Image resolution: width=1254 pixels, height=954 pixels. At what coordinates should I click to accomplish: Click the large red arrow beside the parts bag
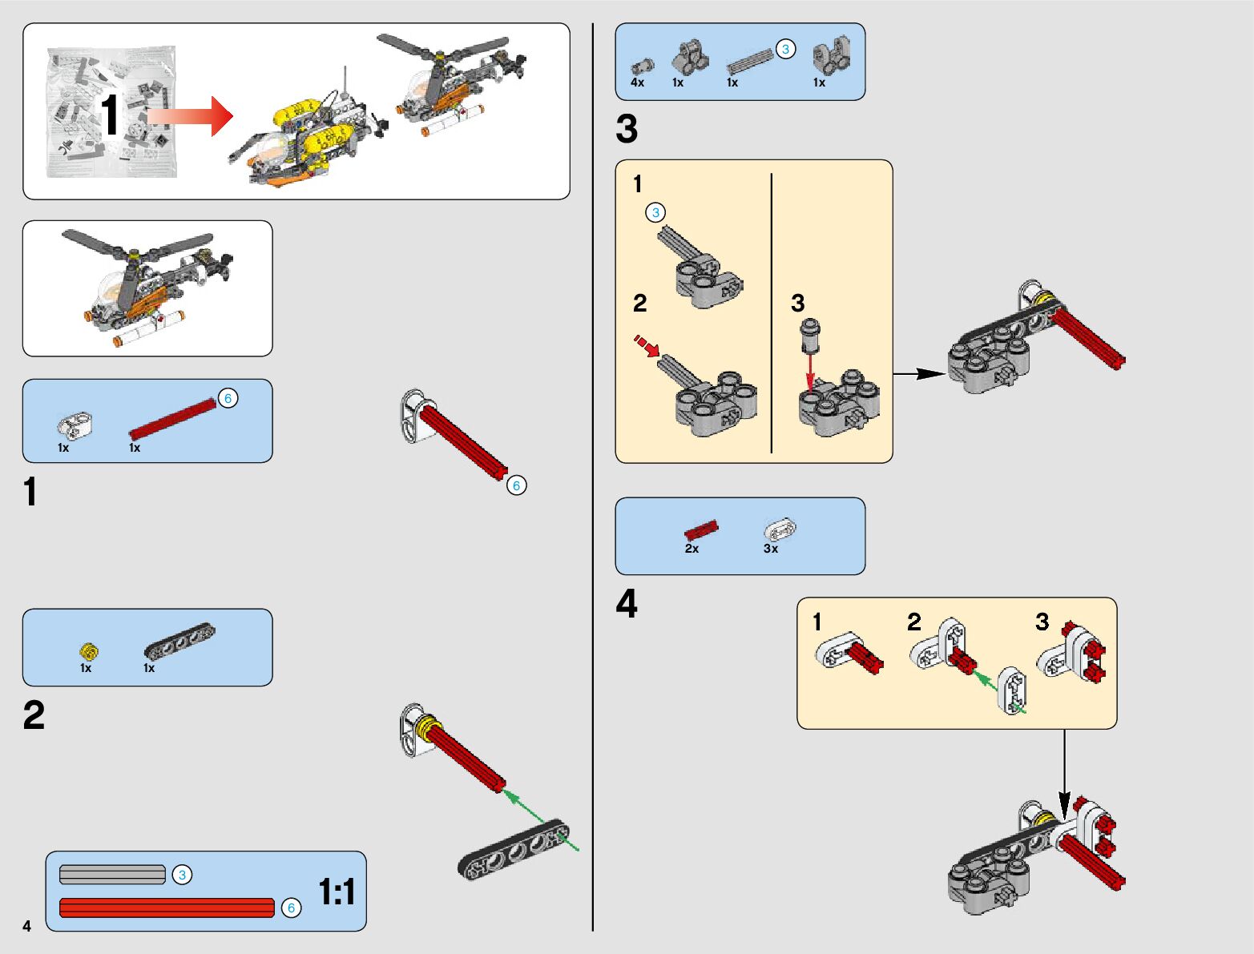click(190, 116)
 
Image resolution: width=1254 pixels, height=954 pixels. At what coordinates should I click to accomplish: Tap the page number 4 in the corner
click(27, 926)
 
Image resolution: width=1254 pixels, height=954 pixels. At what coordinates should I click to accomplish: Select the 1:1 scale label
click(337, 892)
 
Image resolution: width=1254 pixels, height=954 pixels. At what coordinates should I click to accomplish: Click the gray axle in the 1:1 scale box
click(112, 875)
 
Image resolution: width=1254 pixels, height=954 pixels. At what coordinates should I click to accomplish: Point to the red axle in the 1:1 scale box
click(167, 908)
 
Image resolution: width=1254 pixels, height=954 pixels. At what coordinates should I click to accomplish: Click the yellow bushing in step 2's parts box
click(89, 651)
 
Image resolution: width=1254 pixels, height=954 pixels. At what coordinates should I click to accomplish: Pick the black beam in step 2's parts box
click(179, 640)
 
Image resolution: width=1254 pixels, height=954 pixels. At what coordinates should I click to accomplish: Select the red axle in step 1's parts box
click(172, 419)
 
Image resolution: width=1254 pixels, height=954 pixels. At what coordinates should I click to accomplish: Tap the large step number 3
click(627, 129)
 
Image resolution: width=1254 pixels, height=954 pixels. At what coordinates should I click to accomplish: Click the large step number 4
click(627, 603)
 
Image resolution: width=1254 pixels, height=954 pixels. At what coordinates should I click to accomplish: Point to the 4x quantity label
click(637, 83)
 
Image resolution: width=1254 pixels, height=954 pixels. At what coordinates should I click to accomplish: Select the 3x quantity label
click(771, 549)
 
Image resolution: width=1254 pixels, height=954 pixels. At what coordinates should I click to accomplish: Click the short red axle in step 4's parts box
click(702, 530)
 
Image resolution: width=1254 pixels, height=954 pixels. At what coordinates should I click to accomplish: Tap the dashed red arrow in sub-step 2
click(647, 346)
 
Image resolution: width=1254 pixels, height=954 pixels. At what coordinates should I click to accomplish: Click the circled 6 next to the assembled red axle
click(517, 485)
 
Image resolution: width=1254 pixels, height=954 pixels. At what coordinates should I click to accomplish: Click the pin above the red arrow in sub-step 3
click(810, 336)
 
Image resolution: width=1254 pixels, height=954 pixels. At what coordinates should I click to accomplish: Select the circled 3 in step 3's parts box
click(785, 49)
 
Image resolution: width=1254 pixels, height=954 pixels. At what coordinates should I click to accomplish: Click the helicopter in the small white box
click(147, 288)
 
